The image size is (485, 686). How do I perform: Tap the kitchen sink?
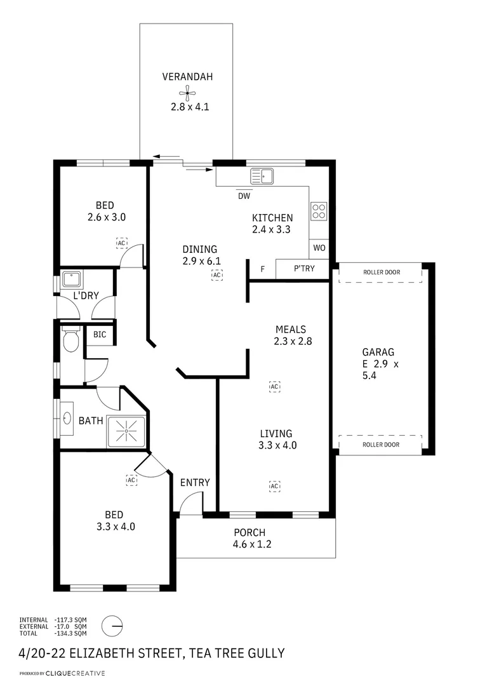pos(262,176)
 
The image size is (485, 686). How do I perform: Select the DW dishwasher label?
pos(244,196)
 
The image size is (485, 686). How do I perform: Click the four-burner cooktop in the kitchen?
pos(319,211)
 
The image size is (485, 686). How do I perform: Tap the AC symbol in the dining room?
pos(218,275)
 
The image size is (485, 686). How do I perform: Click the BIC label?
pos(100,335)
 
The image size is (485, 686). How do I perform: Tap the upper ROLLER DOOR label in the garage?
pos(381,272)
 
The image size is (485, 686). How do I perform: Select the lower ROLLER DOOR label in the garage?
pos(381,445)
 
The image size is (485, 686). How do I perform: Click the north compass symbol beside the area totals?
pos(112,626)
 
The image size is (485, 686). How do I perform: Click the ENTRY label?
pos(195,483)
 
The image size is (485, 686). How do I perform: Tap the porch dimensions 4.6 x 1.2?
pos(253,544)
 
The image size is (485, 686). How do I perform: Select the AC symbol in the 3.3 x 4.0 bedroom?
pos(132,480)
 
